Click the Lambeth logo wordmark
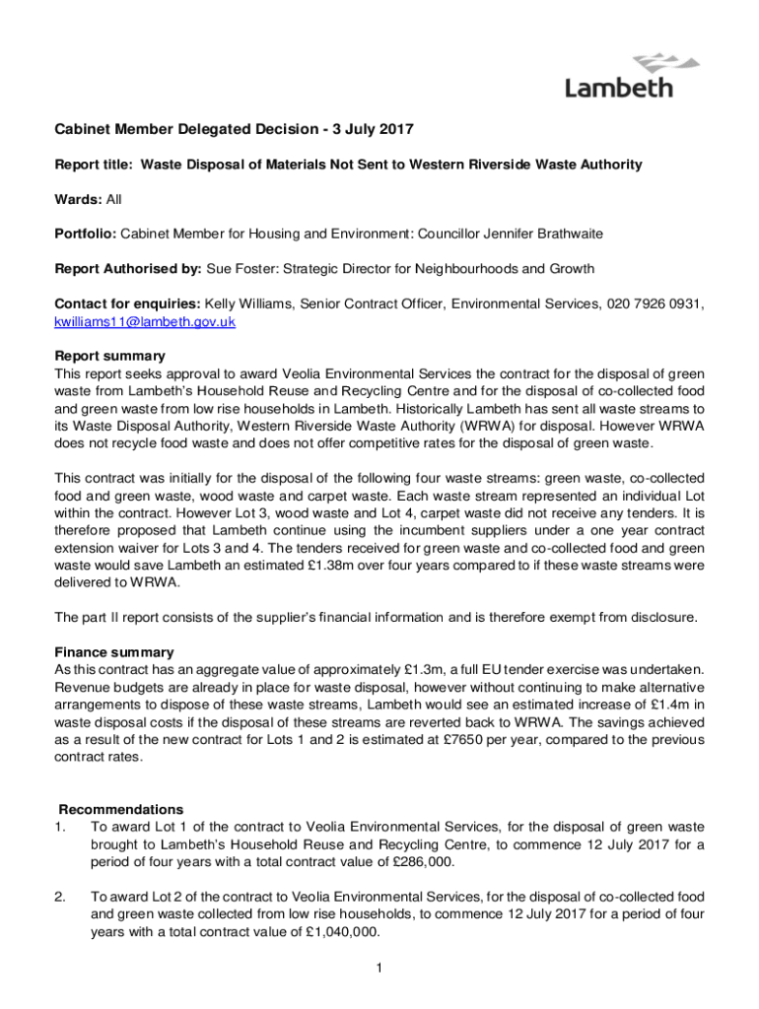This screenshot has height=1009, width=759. pos(618,88)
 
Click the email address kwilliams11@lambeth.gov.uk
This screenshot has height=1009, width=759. pos(144,322)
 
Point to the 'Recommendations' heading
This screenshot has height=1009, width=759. pos(119,810)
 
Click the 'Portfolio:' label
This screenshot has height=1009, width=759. pos(86,234)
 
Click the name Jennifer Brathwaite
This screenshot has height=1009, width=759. pos(549,234)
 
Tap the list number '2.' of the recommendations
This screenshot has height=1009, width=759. pos(60,897)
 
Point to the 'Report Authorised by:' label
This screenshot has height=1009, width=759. pos(127,269)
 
